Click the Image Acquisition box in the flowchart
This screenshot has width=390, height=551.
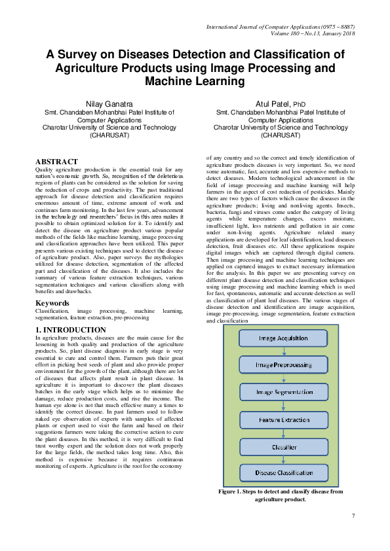[x=283, y=338]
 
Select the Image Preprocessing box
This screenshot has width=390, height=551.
[x=283, y=364]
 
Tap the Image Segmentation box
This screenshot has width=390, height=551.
[x=283, y=392]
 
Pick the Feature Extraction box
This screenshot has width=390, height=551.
[x=283, y=419]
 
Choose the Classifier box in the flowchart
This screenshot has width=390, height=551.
[x=283, y=447]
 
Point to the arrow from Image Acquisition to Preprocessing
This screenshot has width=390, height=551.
[x=283, y=351]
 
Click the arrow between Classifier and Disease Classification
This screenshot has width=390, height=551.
[x=283, y=461]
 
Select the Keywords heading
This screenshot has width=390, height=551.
[x=52, y=304]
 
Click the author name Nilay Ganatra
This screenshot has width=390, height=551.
[x=109, y=104]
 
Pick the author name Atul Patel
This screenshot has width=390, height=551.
[x=273, y=104]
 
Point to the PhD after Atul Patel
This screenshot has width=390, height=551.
[x=299, y=105]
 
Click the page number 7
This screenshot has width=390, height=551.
[x=353, y=516]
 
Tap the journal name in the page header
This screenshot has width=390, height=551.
[x=281, y=26]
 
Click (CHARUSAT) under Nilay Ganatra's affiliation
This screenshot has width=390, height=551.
[x=109, y=135]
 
